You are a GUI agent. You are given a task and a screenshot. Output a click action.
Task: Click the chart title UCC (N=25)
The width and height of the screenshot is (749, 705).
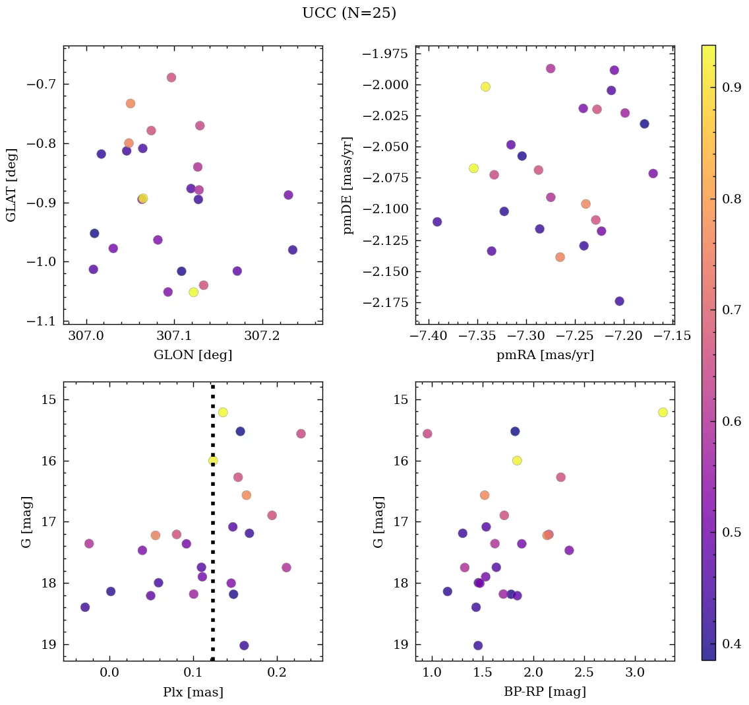[349, 13]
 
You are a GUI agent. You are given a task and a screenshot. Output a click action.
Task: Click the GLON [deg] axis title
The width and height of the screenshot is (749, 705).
[193, 355]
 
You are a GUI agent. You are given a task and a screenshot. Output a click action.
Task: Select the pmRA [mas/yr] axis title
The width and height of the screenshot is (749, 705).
[545, 355]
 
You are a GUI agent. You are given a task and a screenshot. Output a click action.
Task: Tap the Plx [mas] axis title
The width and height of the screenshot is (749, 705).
[193, 692]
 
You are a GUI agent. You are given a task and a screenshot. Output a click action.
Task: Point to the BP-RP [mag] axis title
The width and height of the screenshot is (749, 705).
[545, 692]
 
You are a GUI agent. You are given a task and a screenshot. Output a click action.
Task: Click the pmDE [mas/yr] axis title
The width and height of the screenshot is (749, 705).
[347, 185]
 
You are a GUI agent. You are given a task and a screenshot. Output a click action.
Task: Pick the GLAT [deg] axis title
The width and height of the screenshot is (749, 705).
[11, 185]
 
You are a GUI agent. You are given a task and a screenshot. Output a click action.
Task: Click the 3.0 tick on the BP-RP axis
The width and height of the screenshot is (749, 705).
[634, 673]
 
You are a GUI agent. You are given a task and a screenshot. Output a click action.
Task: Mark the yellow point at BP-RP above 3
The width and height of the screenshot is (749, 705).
[663, 412]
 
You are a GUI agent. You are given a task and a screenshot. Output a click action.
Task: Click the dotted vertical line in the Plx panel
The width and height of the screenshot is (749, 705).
[212, 528]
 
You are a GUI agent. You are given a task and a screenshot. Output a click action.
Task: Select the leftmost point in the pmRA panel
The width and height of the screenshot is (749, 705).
[436, 222]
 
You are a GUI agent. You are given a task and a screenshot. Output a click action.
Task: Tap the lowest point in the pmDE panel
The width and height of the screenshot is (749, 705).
[619, 301]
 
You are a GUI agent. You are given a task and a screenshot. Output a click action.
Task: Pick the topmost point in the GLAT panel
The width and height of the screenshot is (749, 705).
[171, 77]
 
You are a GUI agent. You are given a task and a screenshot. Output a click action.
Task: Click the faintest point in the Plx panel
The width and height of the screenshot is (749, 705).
[244, 645]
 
